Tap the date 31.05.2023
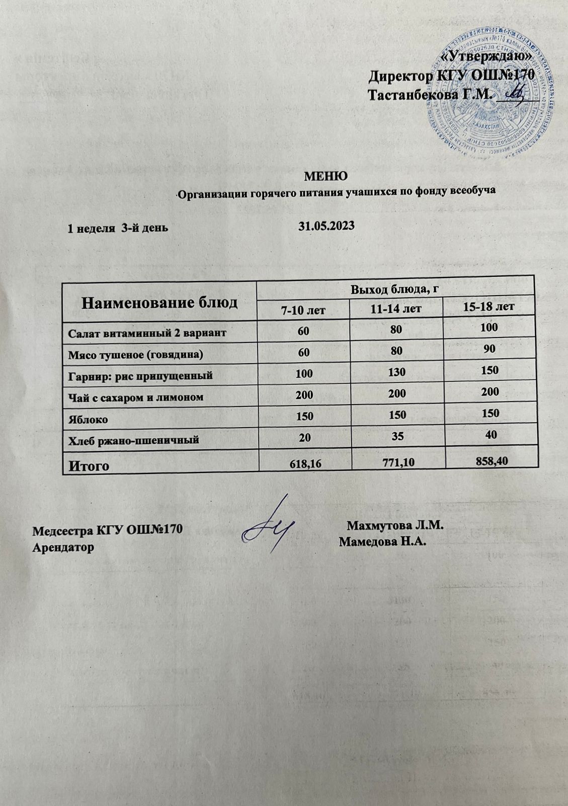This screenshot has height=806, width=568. point(327,226)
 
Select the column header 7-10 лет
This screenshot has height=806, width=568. point(303,310)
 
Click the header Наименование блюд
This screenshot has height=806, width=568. point(159,303)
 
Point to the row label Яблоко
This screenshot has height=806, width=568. point(88,419)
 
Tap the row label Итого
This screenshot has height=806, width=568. point(89,465)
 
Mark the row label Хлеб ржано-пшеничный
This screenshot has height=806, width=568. point(134,440)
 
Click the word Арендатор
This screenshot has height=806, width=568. point(63,547)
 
